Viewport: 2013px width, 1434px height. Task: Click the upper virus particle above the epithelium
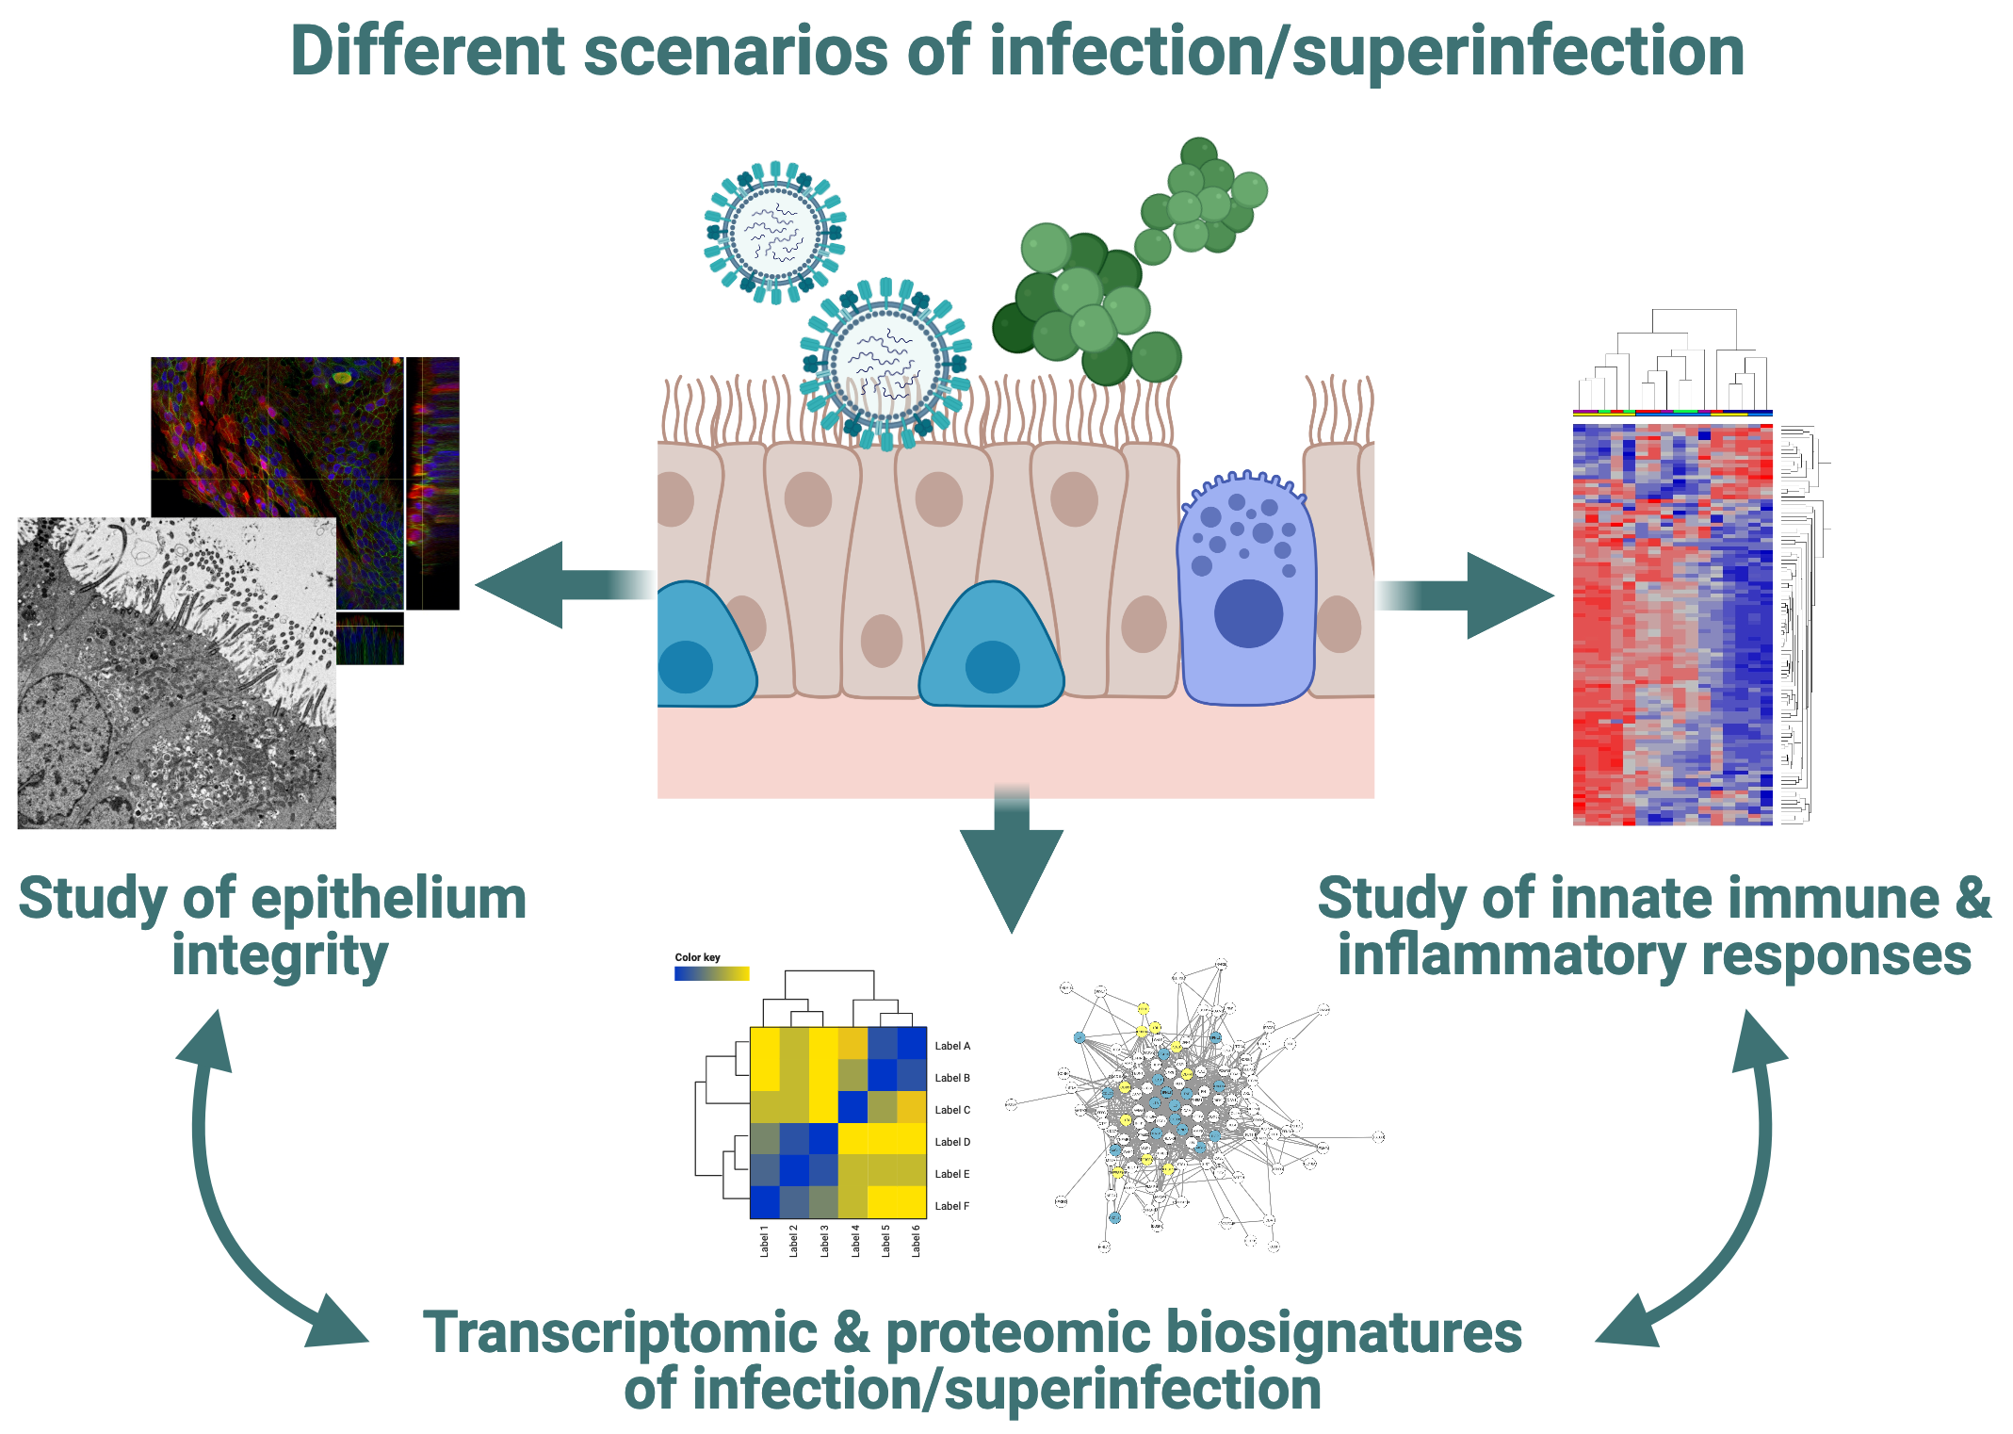click(x=774, y=232)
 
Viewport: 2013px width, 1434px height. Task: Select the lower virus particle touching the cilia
click(x=885, y=364)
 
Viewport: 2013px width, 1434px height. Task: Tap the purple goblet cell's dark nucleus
click(x=1248, y=613)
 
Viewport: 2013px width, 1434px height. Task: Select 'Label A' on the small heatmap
click(x=951, y=1046)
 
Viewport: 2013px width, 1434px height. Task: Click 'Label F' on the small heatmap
click(x=951, y=1206)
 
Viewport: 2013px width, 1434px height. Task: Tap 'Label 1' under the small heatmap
click(x=764, y=1240)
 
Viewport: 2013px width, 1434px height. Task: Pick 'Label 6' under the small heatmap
click(x=916, y=1240)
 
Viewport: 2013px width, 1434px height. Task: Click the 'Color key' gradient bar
click(x=711, y=974)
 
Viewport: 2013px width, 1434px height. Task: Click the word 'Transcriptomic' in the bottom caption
click(x=620, y=1334)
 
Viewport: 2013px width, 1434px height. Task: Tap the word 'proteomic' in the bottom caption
click(x=1018, y=1334)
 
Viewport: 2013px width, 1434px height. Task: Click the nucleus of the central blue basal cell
click(x=992, y=667)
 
